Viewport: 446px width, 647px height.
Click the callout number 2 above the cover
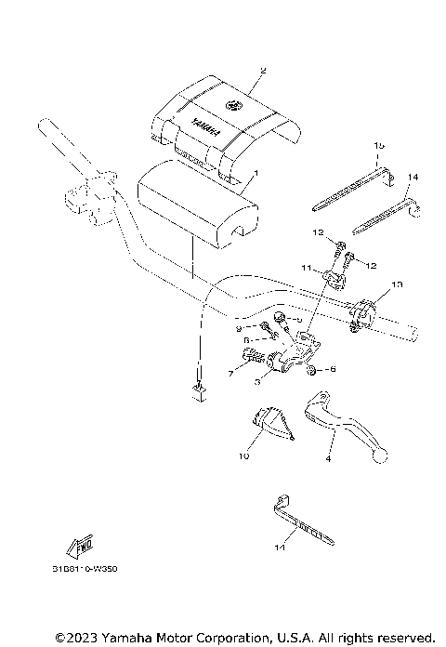[x=263, y=70]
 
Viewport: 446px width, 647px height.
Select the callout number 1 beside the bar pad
[x=256, y=174]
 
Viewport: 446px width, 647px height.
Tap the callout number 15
[x=379, y=146]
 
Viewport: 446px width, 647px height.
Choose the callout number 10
[x=243, y=456]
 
